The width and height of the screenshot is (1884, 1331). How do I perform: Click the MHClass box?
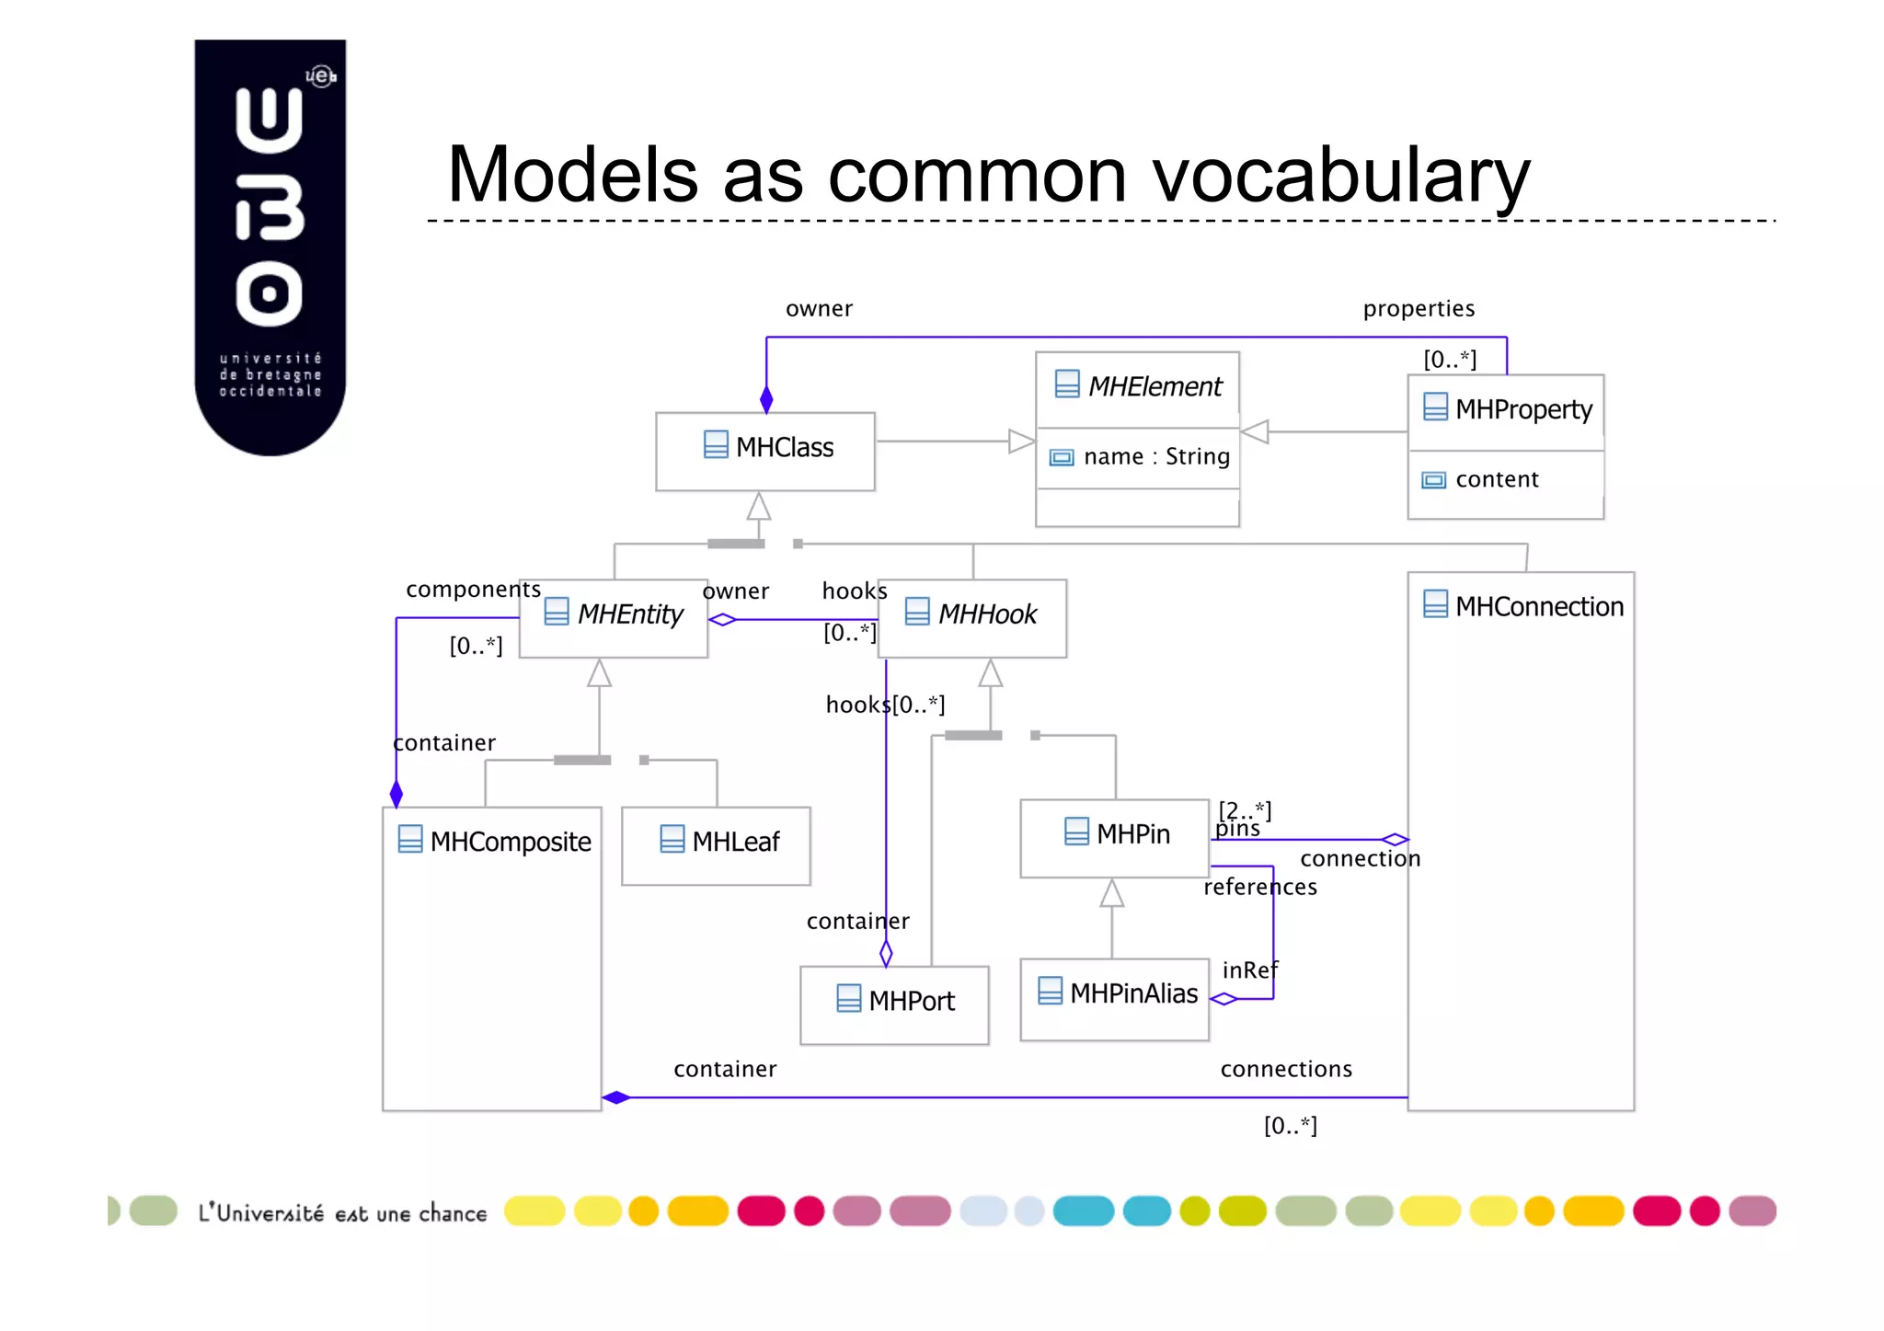764,450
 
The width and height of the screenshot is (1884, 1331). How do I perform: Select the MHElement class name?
1155,386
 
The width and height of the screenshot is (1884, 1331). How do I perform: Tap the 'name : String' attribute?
1155,456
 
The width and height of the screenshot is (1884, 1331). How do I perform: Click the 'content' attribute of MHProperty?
1496,479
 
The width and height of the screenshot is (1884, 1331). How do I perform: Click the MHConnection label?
1538,606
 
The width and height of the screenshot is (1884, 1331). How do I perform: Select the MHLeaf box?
716,844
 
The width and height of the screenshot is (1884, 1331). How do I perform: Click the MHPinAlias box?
1114,997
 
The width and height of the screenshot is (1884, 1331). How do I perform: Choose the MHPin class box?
1114,836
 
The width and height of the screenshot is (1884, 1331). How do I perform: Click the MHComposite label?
510,842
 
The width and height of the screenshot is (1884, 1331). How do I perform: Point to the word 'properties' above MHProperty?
1419,308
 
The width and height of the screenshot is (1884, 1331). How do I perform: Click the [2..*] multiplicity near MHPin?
1245,809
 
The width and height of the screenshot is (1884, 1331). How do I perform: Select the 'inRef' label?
1249,970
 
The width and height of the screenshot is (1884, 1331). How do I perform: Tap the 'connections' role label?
1285,1069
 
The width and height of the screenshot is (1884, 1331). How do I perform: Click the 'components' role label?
473,589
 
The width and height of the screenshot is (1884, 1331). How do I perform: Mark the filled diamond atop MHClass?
766,400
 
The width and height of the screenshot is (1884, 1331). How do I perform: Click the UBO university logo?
270,247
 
